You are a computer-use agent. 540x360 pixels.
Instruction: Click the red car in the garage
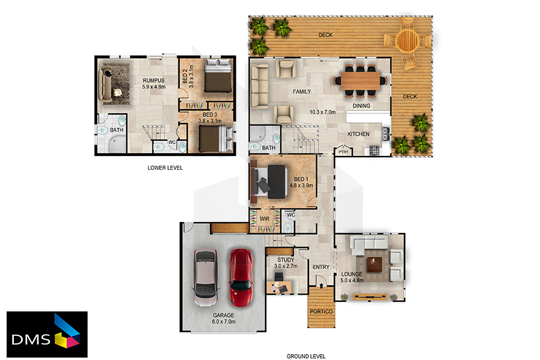coord(241,278)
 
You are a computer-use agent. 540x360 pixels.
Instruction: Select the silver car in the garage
coord(206,278)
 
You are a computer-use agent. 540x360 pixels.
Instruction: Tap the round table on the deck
coord(407,41)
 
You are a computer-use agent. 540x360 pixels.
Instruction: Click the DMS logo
coord(47,335)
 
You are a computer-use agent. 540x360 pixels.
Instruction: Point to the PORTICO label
coord(321,311)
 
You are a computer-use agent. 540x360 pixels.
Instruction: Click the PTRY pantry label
coord(343,152)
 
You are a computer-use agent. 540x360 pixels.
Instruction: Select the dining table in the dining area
coord(360,80)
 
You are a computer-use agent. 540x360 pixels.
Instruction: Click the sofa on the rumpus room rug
coord(105,84)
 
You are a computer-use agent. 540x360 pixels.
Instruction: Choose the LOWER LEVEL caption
coord(165,168)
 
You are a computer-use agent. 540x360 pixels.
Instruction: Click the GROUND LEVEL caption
coord(306,356)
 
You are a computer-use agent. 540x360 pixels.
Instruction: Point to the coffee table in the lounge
coord(374,265)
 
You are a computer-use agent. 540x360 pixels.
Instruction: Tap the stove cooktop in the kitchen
coord(374,150)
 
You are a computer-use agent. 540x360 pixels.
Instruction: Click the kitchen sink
coord(386,134)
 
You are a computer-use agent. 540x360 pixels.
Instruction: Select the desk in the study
coord(278,287)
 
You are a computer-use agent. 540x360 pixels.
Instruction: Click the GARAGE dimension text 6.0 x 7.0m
coord(224,322)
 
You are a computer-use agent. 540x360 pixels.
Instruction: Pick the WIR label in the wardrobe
coord(265,219)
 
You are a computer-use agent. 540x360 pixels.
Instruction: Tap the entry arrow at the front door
coord(321,285)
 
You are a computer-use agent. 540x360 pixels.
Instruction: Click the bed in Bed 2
coord(218,76)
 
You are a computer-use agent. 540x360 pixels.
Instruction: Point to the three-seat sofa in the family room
coord(259,86)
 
